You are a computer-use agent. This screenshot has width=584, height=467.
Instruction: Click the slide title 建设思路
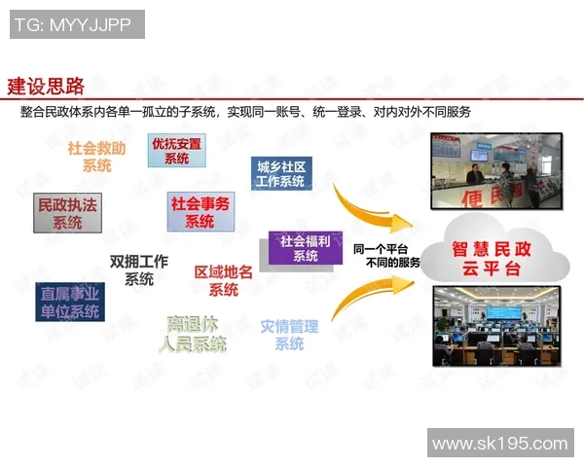coord(46,86)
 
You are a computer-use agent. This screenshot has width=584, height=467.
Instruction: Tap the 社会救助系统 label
coord(96,157)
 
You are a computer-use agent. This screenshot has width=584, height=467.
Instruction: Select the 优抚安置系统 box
coord(176,151)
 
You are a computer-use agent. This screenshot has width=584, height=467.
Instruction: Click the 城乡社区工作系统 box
coord(279,173)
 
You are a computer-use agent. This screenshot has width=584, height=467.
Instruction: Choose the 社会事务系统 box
coord(200,212)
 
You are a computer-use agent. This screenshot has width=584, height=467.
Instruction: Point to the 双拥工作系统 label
coord(139,269)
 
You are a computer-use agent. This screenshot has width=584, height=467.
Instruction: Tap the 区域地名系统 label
coord(224,280)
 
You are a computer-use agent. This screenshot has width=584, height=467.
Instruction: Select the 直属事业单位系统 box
coord(69,301)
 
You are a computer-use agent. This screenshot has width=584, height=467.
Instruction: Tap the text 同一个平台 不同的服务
coord(387,255)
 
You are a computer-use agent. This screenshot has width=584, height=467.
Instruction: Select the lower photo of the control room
coord(499,326)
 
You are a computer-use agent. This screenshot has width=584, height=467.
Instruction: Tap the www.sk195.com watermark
coord(499,444)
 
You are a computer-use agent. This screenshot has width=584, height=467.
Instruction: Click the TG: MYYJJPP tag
coord(77,24)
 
